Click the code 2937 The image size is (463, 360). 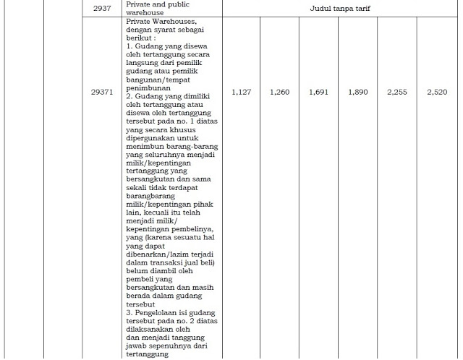102,8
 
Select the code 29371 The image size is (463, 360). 102,93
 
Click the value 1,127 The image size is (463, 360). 242,93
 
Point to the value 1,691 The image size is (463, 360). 320,93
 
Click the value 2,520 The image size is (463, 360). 437,93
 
